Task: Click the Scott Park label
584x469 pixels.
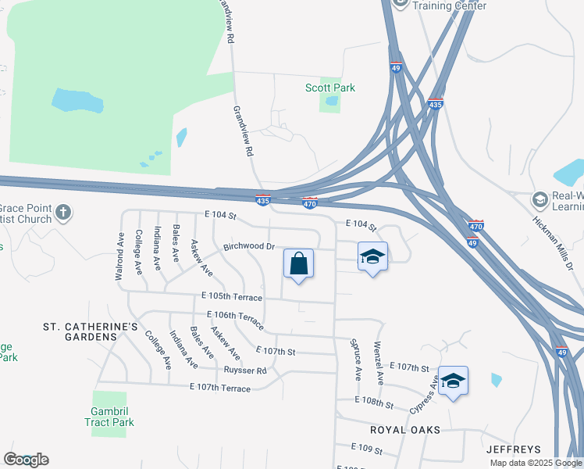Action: pyautogui.click(x=329, y=88)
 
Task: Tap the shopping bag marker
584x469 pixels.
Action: pyautogui.click(x=298, y=263)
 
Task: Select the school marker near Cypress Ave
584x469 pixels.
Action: pyautogui.click(x=453, y=381)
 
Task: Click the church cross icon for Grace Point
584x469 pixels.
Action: pyautogui.click(x=63, y=212)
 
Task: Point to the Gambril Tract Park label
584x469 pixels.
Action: pyautogui.click(x=109, y=417)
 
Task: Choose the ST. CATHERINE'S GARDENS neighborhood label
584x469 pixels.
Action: pyautogui.click(x=90, y=331)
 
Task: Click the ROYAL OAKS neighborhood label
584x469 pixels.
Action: pyautogui.click(x=405, y=430)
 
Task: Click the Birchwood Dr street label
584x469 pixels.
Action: pyautogui.click(x=250, y=246)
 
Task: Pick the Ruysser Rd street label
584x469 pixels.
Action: pyautogui.click(x=245, y=371)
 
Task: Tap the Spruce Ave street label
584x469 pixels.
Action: pyautogui.click(x=355, y=359)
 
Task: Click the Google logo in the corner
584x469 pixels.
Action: pyautogui.click(x=26, y=460)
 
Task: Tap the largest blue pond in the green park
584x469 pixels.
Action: pyautogui.click(x=77, y=101)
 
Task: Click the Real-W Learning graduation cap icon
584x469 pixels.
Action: pyautogui.click(x=539, y=200)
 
